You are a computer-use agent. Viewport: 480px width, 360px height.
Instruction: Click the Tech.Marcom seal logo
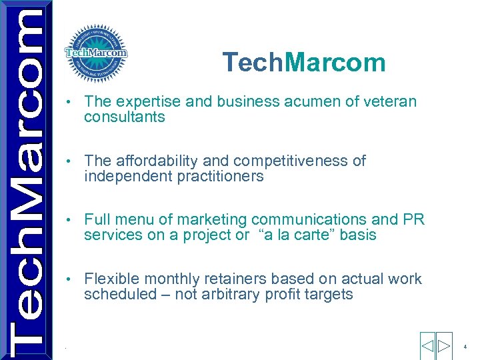[95, 53]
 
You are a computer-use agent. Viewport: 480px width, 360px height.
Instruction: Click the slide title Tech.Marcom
[304, 63]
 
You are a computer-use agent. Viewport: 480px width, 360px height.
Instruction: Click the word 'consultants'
[124, 117]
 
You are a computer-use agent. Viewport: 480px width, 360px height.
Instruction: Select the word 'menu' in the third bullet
[134, 220]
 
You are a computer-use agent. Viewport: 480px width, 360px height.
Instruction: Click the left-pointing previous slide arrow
[427, 346]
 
